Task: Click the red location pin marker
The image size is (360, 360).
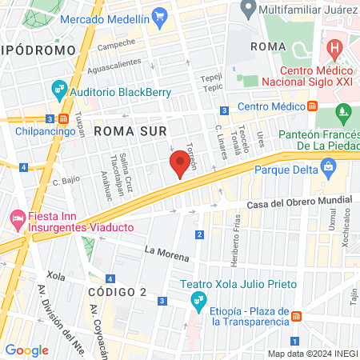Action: click(180, 166)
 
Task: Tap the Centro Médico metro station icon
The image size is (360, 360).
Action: click(313, 106)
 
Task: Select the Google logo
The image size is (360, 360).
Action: click(26, 350)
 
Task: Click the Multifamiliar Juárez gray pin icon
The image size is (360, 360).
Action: click(248, 8)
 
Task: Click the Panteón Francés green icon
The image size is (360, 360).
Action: click(344, 112)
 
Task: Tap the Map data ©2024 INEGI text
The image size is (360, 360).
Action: click(312, 353)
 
